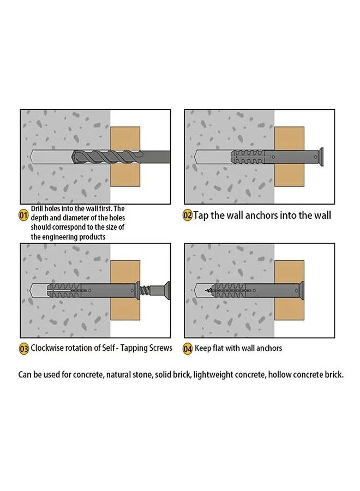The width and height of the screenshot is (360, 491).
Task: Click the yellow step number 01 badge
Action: click(x=23, y=215)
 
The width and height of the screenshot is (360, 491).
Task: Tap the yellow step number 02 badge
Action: click(x=187, y=215)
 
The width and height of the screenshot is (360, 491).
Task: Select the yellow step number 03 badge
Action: click(x=24, y=349)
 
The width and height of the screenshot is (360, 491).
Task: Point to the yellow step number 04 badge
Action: click(x=187, y=349)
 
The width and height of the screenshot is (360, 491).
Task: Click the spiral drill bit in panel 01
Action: click(x=107, y=157)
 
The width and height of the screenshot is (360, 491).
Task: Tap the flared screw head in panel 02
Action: click(x=319, y=157)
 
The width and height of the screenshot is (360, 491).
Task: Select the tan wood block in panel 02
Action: click(x=289, y=157)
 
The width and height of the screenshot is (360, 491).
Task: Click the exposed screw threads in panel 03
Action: click(x=145, y=290)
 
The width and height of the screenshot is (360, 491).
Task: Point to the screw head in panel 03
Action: click(x=165, y=290)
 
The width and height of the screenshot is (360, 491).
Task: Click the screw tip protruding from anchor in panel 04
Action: click(x=208, y=291)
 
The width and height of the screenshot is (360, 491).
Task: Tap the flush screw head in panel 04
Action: click(x=302, y=290)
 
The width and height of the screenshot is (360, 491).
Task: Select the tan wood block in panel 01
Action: click(x=125, y=157)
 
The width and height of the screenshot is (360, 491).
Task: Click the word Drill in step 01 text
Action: click(x=37, y=208)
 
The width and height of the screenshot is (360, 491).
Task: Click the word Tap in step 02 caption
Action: click(x=201, y=215)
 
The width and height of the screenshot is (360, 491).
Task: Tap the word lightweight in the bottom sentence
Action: click(x=213, y=374)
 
